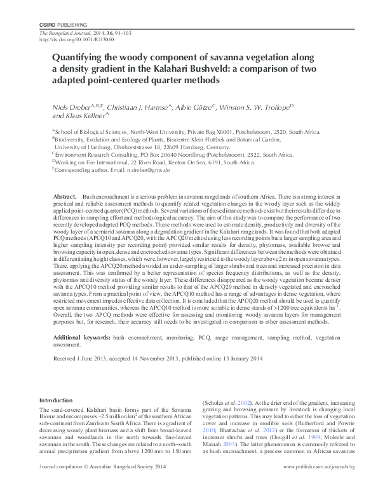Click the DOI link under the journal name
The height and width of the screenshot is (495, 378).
tap(74, 39)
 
